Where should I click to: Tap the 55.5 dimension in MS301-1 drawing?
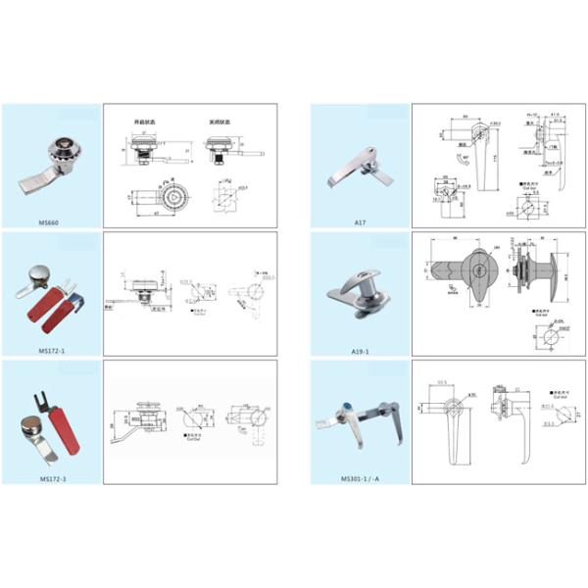coord(442,384)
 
